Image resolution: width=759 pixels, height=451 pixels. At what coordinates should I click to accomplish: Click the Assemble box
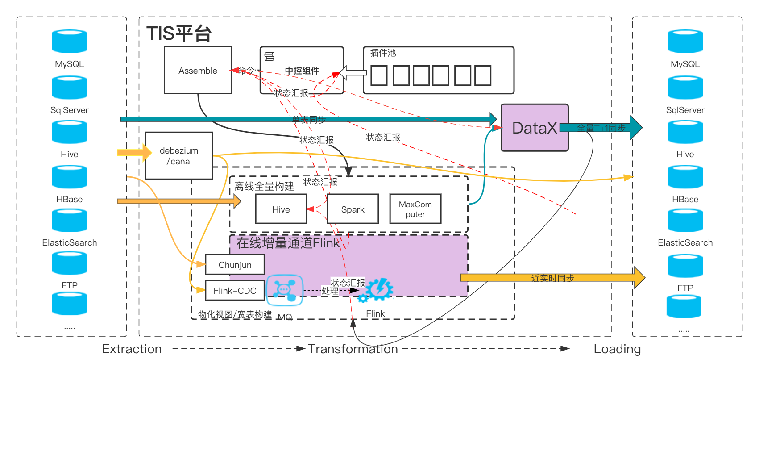click(x=198, y=71)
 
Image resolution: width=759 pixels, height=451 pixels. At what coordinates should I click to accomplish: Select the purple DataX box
click(x=534, y=128)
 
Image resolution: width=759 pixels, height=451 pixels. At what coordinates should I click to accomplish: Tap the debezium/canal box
click(x=179, y=156)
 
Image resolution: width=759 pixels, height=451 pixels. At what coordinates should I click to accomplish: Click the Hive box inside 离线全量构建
click(x=281, y=209)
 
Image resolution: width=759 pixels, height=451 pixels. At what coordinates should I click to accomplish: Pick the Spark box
click(x=353, y=209)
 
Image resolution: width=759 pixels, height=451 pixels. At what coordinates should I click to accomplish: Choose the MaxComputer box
click(x=415, y=209)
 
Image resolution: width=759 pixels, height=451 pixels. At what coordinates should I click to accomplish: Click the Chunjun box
click(x=235, y=265)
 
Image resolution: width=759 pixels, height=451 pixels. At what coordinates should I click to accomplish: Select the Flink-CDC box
click(x=235, y=291)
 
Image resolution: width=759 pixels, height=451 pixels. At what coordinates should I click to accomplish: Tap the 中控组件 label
click(x=302, y=71)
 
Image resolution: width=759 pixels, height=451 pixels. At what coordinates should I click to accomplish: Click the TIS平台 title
click(x=179, y=33)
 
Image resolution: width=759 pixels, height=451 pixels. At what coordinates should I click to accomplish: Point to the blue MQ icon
click(x=285, y=290)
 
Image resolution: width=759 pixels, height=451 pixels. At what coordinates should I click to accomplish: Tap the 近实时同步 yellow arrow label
click(x=552, y=278)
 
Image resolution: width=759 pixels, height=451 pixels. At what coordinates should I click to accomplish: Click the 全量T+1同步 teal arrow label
click(x=601, y=128)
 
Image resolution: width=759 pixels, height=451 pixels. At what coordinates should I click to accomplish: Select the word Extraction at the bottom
click(x=132, y=349)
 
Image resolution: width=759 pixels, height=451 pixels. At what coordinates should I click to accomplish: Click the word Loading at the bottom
click(x=617, y=349)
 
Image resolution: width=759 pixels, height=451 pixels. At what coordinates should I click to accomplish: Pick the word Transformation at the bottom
click(x=353, y=349)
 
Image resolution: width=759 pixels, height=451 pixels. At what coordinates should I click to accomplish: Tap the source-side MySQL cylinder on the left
click(x=70, y=42)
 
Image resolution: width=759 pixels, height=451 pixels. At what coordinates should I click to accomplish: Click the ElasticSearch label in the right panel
click(x=685, y=242)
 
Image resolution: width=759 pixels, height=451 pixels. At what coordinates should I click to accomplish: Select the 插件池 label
click(x=383, y=53)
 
